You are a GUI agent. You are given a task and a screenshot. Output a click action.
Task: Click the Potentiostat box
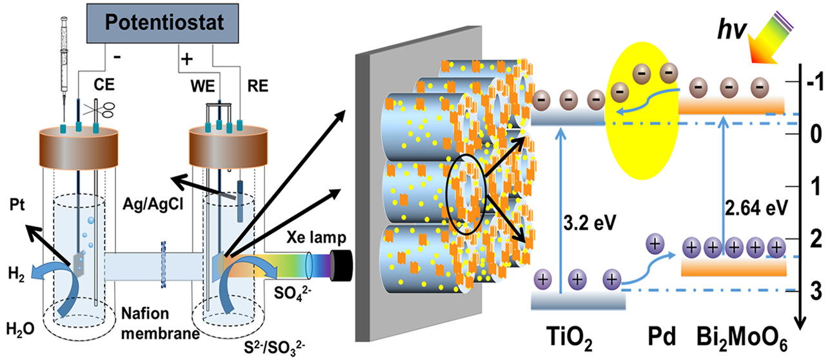pos(170,25)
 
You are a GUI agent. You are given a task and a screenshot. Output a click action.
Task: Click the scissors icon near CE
pos(103,107)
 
